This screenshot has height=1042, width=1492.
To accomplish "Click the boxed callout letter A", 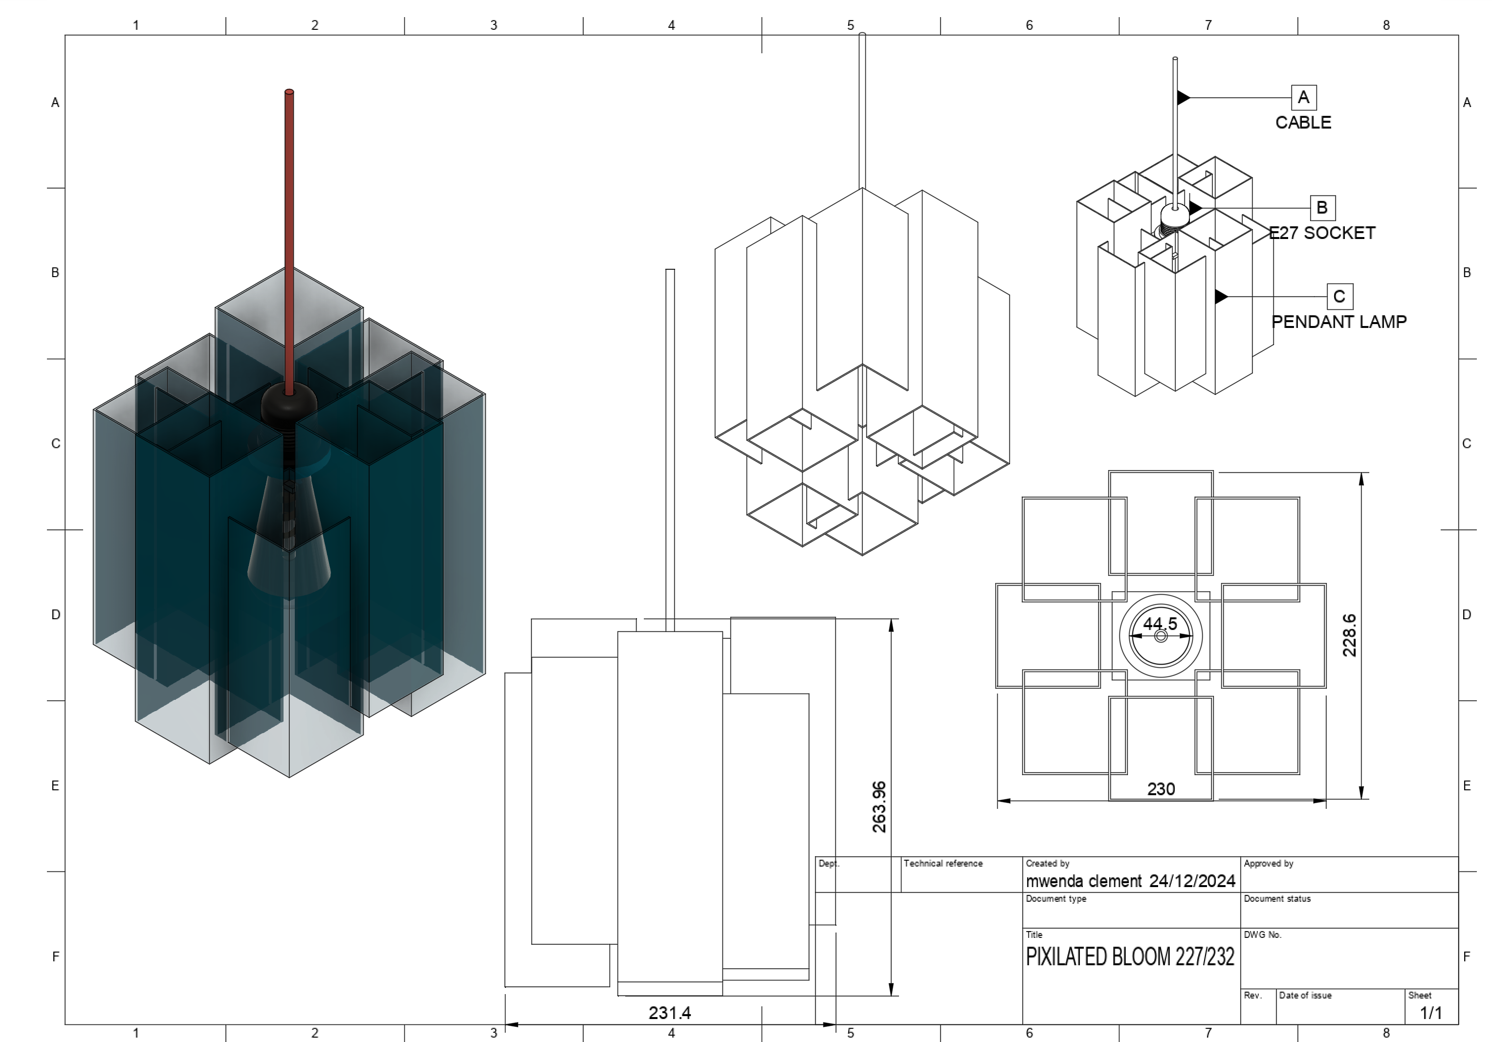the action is pyautogui.click(x=1303, y=97).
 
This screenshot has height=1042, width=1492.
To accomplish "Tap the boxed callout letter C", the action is pyautogui.click(x=1338, y=297).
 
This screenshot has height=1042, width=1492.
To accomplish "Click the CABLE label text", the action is pyautogui.click(x=1303, y=123).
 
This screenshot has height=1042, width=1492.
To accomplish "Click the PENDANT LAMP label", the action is pyautogui.click(x=1338, y=322).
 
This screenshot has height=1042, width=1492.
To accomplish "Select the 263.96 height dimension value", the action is pyautogui.click(x=878, y=807).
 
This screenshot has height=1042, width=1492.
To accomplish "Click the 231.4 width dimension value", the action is pyautogui.click(x=669, y=1013).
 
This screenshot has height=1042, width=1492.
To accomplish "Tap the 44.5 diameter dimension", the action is pyautogui.click(x=1160, y=624).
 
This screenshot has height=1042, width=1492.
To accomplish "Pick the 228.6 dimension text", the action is pyautogui.click(x=1349, y=635).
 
